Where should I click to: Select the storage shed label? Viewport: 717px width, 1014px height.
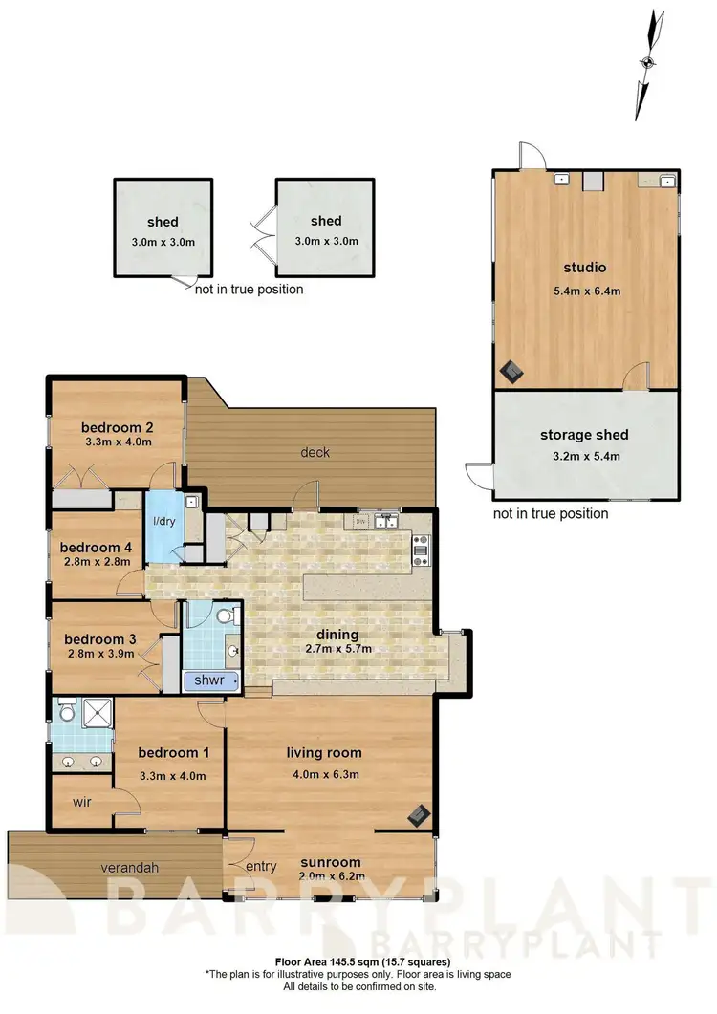tap(584, 435)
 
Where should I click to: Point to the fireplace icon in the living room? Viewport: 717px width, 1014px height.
tap(418, 814)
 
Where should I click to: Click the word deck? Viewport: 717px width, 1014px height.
tap(315, 452)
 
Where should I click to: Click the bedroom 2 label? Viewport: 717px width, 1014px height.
tap(118, 427)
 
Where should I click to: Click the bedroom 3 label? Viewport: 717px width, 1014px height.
tap(100, 639)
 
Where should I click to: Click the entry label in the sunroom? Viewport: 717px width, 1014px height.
tap(260, 867)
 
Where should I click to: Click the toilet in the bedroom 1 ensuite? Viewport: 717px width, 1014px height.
tap(67, 712)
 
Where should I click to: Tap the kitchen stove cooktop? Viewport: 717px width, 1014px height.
tap(421, 550)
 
